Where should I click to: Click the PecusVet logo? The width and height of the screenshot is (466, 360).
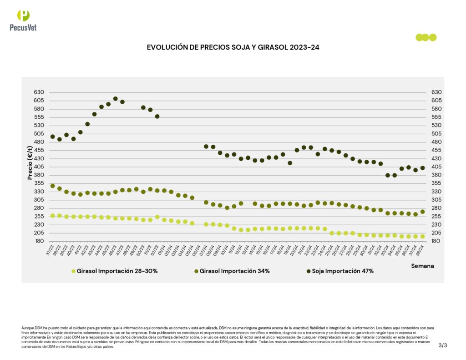23,20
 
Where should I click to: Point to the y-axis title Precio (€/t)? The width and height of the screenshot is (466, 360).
30,162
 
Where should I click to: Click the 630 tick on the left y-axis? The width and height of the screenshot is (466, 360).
39,92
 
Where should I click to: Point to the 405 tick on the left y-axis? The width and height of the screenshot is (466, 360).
39,167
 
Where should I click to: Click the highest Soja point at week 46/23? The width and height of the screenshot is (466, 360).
116,98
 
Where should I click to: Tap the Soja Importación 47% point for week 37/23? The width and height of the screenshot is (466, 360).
52,137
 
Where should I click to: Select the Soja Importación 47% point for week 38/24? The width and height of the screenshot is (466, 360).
423,168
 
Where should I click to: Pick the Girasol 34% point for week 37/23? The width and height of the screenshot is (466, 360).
52,186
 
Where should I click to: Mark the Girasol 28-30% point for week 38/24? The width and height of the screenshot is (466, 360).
423,237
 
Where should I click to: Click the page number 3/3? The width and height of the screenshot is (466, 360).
443,345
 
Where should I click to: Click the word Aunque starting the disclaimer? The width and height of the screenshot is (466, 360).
27,328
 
